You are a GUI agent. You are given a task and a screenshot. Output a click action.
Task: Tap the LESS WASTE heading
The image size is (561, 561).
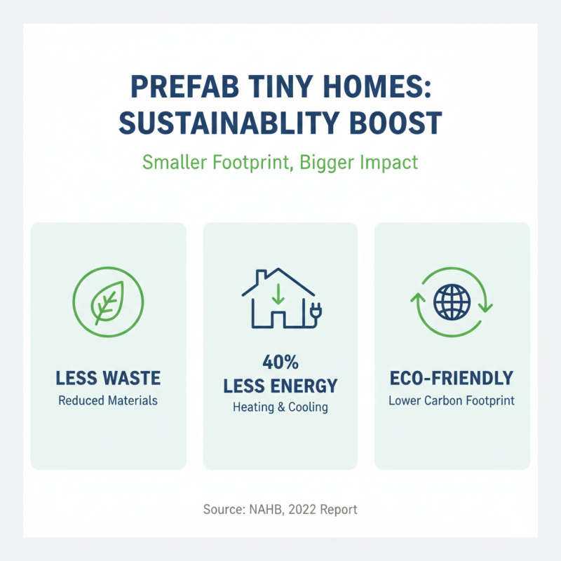coord(109,379)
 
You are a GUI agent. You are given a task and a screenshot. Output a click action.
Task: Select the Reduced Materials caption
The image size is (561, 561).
coord(109,401)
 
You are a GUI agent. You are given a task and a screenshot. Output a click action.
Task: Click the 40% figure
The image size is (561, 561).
coord(280,363)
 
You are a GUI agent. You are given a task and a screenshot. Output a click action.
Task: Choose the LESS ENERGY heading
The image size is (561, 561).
coord(280,385)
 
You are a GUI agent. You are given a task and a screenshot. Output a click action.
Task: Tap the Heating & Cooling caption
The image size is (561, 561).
coord(280,407)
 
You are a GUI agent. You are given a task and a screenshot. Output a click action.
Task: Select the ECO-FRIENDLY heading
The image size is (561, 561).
coord(452,379)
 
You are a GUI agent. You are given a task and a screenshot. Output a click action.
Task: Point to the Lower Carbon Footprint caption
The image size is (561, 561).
coord(452,401)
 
